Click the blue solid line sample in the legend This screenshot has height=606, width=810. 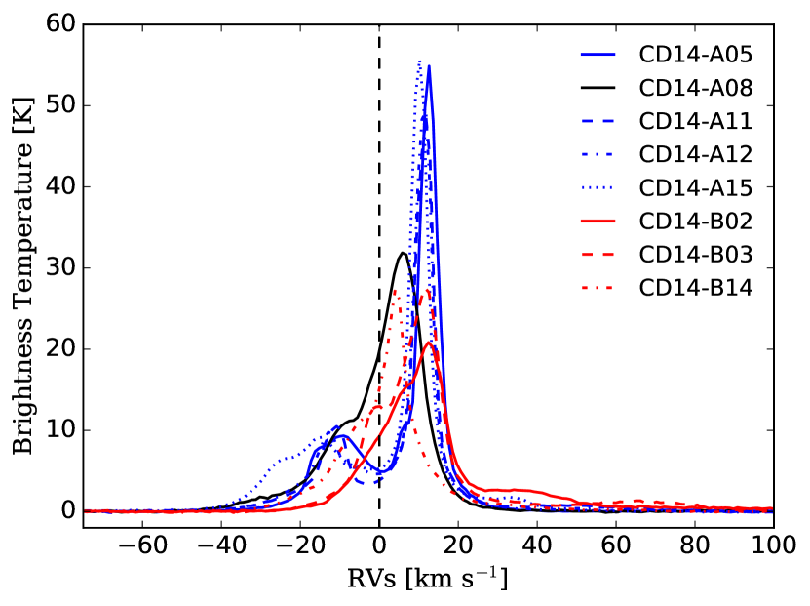(x=598, y=55)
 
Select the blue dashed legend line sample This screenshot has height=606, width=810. (x=598, y=120)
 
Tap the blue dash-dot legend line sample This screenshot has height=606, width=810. (x=598, y=154)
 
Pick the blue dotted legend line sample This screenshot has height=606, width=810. (x=598, y=187)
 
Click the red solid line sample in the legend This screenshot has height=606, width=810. (x=598, y=222)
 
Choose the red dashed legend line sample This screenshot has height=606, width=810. (x=598, y=255)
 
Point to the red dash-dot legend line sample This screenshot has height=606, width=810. (x=598, y=288)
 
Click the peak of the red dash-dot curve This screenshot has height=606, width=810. (x=395, y=290)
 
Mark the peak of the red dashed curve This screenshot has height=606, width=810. (x=426, y=290)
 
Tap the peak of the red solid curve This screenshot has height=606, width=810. (x=428, y=342)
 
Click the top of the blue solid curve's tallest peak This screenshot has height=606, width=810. (x=429, y=66)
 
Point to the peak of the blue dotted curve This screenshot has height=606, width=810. (x=420, y=61)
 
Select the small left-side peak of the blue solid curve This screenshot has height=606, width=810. (x=336, y=426)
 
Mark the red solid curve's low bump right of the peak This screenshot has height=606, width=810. (x=512, y=488)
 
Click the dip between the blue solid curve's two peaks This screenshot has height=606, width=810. (x=380, y=473)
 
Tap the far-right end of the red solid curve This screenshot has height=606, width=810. (x=772, y=508)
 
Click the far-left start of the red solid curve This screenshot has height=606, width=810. (x=87, y=510)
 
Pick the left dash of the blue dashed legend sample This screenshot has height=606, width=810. (x=588, y=120)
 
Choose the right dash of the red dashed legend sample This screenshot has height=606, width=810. (x=607, y=255)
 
